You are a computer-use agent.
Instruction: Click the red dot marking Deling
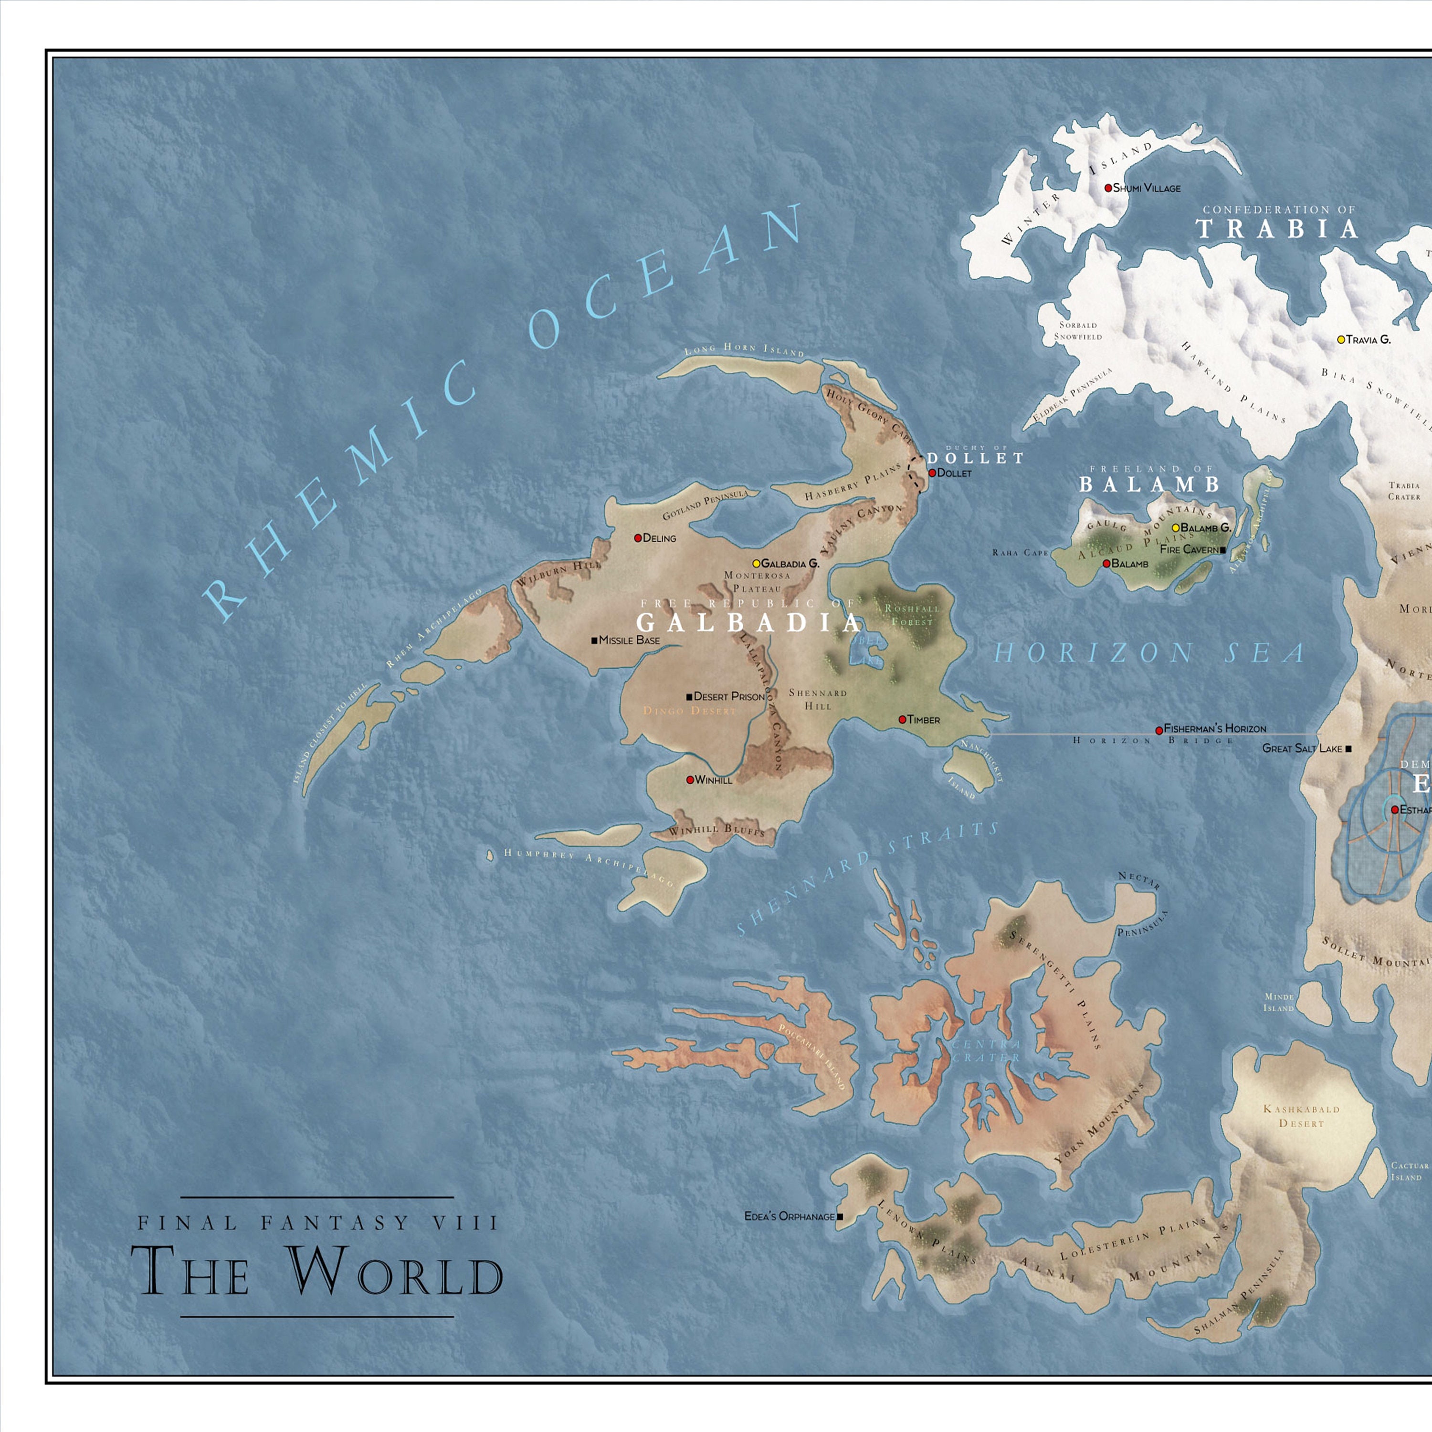pyautogui.click(x=637, y=538)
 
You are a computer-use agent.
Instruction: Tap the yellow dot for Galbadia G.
pyautogui.click(x=756, y=563)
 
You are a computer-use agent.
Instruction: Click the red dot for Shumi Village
pyautogui.click(x=1108, y=188)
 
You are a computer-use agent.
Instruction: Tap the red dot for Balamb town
pyautogui.click(x=1106, y=563)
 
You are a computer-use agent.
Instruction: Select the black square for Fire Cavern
pyautogui.click(x=1223, y=550)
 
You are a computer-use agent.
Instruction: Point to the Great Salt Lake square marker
pyautogui.click(x=1348, y=748)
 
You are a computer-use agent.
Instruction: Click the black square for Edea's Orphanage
pyautogui.click(x=840, y=1216)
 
